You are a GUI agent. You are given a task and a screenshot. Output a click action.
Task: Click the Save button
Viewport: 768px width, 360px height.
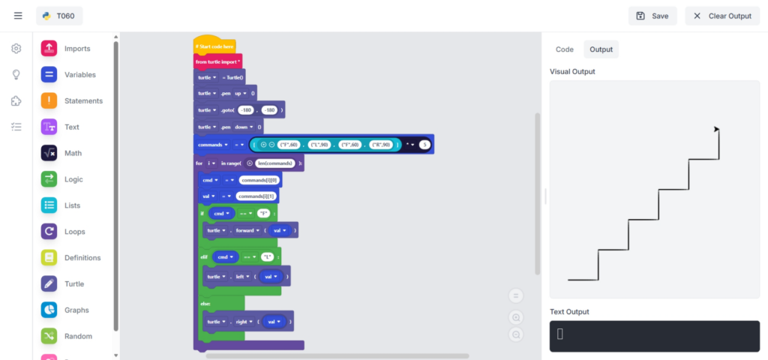click(x=652, y=16)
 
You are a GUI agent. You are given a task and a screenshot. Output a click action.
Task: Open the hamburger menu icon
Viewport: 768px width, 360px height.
click(x=18, y=16)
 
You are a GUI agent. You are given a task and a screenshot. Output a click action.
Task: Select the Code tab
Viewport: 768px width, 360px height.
click(x=564, y=49)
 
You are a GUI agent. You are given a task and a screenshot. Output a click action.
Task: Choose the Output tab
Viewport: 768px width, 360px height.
click(x=601, y=49)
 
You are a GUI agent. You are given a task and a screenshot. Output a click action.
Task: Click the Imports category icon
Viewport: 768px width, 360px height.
click(x=49, y=49)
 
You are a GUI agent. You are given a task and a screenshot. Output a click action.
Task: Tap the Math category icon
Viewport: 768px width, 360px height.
click(x=49, y=153)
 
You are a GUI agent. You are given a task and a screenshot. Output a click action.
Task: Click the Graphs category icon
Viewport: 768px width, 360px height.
click(x=49, y=310)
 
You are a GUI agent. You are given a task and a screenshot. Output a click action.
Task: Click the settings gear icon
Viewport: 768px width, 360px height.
click(x=16, y=49)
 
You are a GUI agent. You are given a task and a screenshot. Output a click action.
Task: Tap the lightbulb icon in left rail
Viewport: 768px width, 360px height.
click(x=16, y=75)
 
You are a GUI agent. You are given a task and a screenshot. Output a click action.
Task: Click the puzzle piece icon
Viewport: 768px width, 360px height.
click(x=16, y=101)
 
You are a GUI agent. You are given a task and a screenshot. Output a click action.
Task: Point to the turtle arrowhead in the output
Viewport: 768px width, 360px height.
click(x=716, y=130)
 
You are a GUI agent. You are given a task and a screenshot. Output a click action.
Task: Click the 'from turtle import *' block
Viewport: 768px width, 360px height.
click(x=217, y=61)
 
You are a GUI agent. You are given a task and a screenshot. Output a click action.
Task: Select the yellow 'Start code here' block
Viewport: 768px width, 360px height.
click(x=214, y=46)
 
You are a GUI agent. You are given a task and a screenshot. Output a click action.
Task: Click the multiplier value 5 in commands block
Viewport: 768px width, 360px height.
click(x=424, y=144)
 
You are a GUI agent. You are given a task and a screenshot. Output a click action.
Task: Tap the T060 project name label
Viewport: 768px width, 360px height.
click(x=59, y=16)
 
